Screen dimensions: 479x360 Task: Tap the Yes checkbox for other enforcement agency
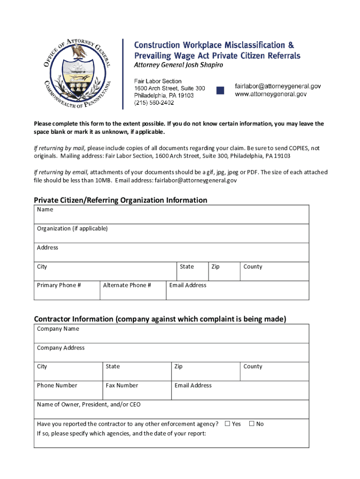(x=228, y=424)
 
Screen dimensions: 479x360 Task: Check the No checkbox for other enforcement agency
(x=252, y=424)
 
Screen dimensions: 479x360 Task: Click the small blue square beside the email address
(x=220, y=90)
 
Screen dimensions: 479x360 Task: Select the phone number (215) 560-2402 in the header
(x=154, y=102)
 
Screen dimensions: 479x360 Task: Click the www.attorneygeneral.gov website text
(x=271, y=94)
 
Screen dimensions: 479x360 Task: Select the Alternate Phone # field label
(x=127, y=285)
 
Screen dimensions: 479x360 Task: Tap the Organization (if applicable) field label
(x=72, y=229)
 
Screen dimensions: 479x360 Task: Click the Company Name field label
(x=58, y=329)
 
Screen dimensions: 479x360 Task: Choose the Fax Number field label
(x=122, y=385)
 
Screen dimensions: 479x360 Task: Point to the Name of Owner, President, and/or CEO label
(x=88, y=405)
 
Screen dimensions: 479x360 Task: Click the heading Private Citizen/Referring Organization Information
(x=120, y=200)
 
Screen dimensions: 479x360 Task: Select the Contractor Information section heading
(x=160, y=319)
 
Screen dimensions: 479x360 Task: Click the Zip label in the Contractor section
(x=178, y=367)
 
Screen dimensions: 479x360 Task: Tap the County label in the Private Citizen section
(x=252, y=267)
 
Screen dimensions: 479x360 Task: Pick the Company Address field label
(x=61, y=348)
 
